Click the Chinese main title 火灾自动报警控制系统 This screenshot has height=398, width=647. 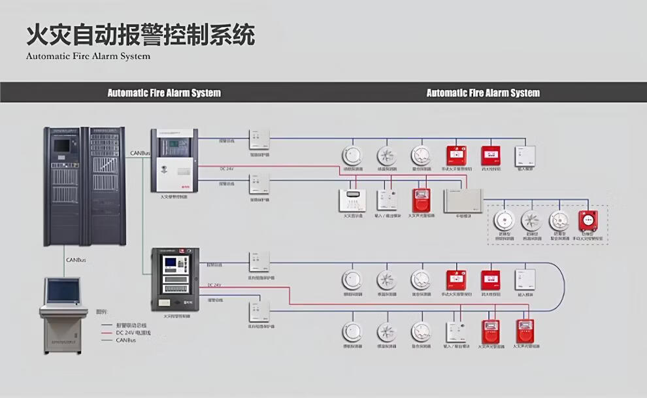[140, 34]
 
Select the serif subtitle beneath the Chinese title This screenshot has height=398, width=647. [88, 56]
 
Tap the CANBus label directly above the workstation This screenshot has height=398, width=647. [76, 259]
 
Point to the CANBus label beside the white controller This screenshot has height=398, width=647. [140, 153]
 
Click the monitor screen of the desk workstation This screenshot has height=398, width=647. [63, 291]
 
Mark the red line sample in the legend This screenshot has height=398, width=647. [106, 331]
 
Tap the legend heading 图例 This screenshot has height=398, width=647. [102, 312]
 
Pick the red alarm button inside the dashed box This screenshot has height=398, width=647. [588, 220]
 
